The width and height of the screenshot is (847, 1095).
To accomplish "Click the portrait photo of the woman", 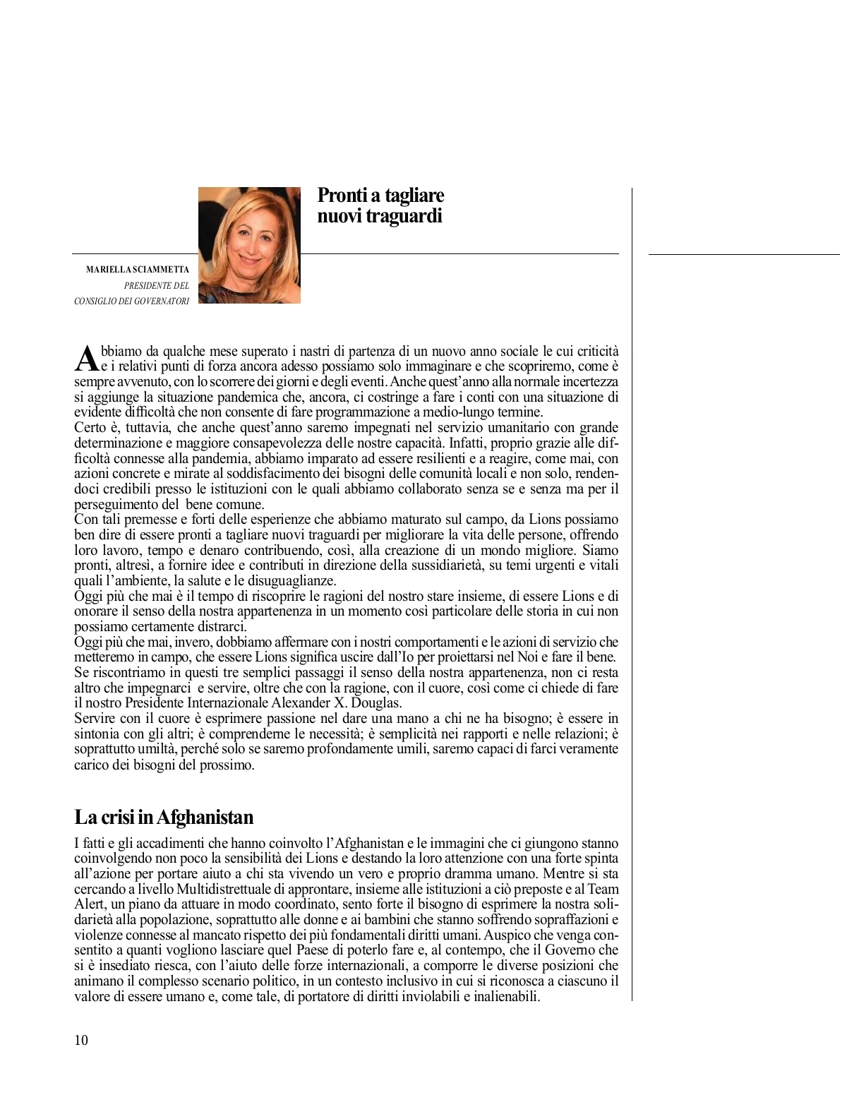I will pos(248,245).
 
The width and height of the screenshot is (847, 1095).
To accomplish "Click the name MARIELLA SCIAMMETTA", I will pos(137,270).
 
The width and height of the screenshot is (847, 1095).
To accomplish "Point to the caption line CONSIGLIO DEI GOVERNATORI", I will pos(131,301).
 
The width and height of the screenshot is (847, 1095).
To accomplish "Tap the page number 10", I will pos(81,1040).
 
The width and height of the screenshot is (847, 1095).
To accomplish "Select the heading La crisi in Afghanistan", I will pos(164,817).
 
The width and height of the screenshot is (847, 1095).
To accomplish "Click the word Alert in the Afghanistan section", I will pos(89,904).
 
